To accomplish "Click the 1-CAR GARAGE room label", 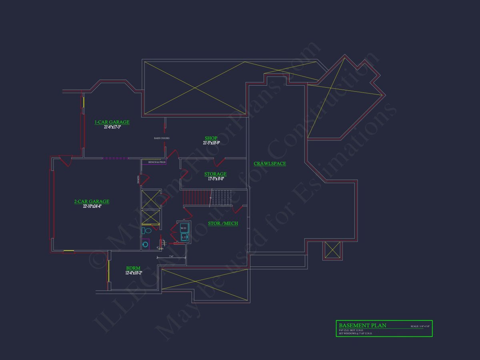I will (112, 122).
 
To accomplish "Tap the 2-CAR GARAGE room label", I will (92, 202).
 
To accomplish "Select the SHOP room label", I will (211, 138).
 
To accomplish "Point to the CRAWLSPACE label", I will (270, 163).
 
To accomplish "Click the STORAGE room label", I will (215, 174).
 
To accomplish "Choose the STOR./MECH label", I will (223, 223).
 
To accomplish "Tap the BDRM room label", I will (133, 268).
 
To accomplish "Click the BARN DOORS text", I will (162, 138).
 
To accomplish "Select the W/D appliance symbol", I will (184, 228).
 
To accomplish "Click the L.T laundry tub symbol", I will (184, 237).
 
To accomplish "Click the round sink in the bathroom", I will (145, 244).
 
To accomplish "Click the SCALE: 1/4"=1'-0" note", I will (420, 326).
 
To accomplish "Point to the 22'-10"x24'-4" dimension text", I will (92, 206).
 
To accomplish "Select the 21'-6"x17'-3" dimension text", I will (112, 127).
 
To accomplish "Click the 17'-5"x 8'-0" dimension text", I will (216, 179).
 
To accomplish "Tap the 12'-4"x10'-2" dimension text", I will (134, 273).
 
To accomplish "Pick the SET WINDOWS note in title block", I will (356, 333).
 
